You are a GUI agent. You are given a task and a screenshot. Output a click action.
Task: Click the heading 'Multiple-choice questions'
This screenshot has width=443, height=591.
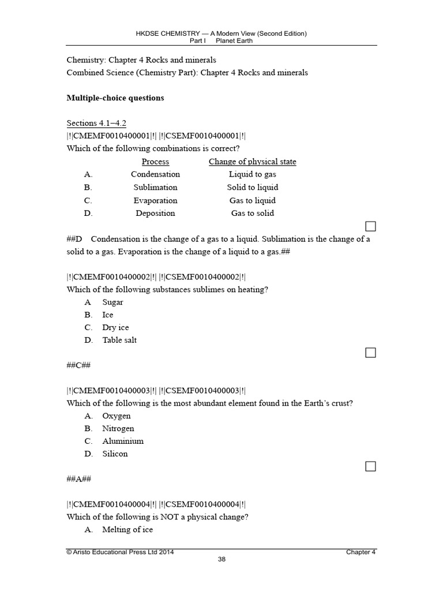pos(115,98)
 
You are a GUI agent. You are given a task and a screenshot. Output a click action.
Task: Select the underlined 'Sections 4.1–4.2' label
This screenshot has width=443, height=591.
pos(96,123)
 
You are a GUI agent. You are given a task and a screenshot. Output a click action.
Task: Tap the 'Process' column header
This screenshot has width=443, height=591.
pos(155,162)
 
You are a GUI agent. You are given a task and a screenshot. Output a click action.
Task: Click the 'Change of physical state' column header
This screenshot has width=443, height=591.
pos(252,162)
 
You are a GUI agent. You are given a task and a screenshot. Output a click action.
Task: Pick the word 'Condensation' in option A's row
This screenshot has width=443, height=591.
pos(155,174)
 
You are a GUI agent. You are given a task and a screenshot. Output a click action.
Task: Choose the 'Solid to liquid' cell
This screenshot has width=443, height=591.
pos(252,188)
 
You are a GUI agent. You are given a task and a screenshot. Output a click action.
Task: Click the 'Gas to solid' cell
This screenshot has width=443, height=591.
pos(252,214)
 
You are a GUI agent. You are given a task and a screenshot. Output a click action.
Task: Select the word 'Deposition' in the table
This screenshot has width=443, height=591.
pos(155,214)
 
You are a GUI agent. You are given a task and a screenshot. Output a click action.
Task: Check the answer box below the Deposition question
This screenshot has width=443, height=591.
pos(370,226)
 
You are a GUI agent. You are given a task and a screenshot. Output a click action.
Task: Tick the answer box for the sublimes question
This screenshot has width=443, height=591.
pos(370,352)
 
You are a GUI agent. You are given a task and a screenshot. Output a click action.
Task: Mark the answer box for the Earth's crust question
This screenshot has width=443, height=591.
pos(370,466)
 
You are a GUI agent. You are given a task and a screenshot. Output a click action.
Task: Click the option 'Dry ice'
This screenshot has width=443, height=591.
pos(115,328)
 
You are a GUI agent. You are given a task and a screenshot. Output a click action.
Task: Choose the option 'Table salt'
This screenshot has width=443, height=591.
pos(119,341)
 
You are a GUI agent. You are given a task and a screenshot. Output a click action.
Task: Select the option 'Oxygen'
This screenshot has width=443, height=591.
pos(117,416)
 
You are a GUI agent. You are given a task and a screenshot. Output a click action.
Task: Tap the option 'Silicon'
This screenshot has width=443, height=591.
pos(115,454)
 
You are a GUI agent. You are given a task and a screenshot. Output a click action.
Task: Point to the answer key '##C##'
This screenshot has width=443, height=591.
pos(78,365)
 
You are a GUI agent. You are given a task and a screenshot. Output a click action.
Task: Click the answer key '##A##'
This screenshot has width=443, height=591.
pos(78,479)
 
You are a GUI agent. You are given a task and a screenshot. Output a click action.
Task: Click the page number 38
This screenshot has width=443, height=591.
pos(221,559)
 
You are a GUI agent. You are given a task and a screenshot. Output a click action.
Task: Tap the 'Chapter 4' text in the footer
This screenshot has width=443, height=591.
pos(361,552)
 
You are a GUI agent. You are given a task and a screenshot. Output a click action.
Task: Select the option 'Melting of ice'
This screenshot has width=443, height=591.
pos(127,530)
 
